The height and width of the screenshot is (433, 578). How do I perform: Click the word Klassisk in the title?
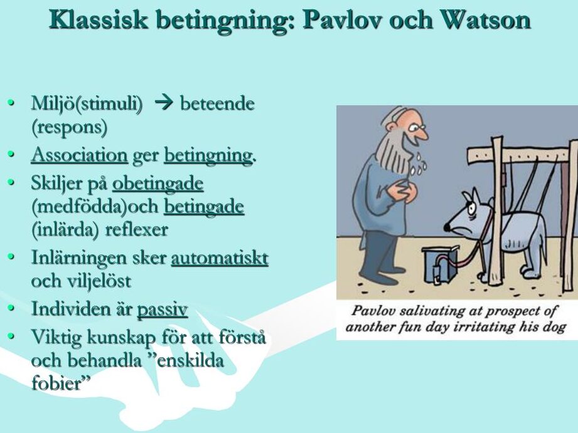98,19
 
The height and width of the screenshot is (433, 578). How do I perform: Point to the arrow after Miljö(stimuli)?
164,103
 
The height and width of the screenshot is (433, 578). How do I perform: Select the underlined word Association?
79,155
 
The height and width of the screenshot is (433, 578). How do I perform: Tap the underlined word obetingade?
158,184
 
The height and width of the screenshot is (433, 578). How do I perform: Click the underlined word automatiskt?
220,258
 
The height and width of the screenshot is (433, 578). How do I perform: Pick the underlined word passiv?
162,310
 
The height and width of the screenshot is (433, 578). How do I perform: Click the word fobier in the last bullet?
57,383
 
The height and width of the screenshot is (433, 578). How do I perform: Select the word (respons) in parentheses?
70,127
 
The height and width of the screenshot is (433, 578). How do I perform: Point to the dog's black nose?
447,227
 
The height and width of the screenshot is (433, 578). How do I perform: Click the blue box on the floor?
440,264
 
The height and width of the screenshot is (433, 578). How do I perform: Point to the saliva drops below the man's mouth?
419,164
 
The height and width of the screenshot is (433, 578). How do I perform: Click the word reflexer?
137,230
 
